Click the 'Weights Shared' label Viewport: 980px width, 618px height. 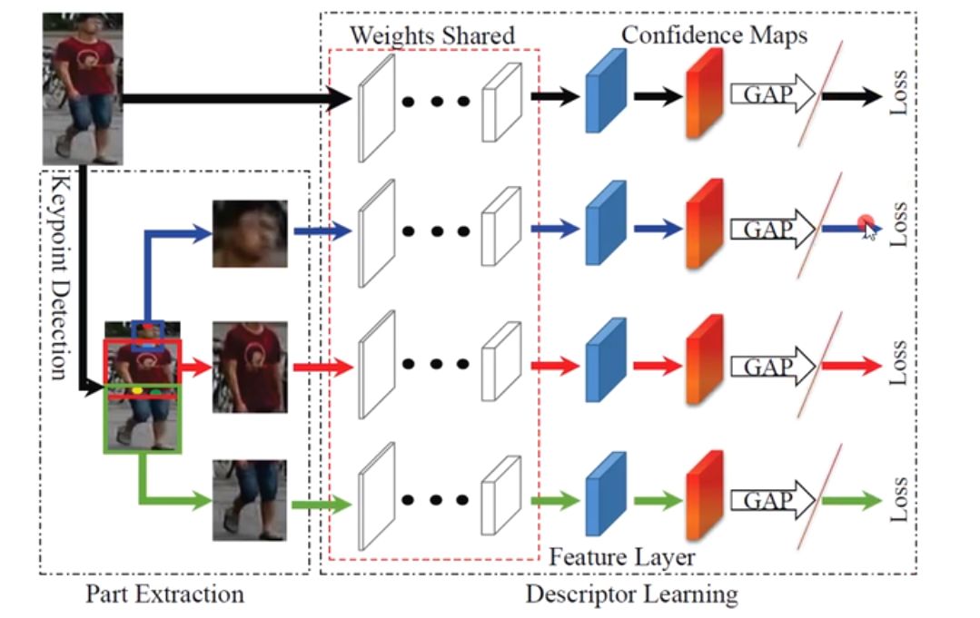[431, 36]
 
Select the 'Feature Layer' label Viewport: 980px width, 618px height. [621, 555]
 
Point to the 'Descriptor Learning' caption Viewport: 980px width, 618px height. [631, 595]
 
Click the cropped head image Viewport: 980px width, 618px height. [250, 233]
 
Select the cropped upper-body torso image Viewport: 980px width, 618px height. [250, 367]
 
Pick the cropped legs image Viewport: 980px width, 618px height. [250, 500]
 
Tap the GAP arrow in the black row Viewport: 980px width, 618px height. [773, 93]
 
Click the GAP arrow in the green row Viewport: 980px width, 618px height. [773, 500]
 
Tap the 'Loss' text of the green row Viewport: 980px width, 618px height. [899, 499]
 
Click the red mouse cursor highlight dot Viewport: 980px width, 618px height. [866, 223]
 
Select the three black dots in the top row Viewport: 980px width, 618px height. [437, 100]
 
